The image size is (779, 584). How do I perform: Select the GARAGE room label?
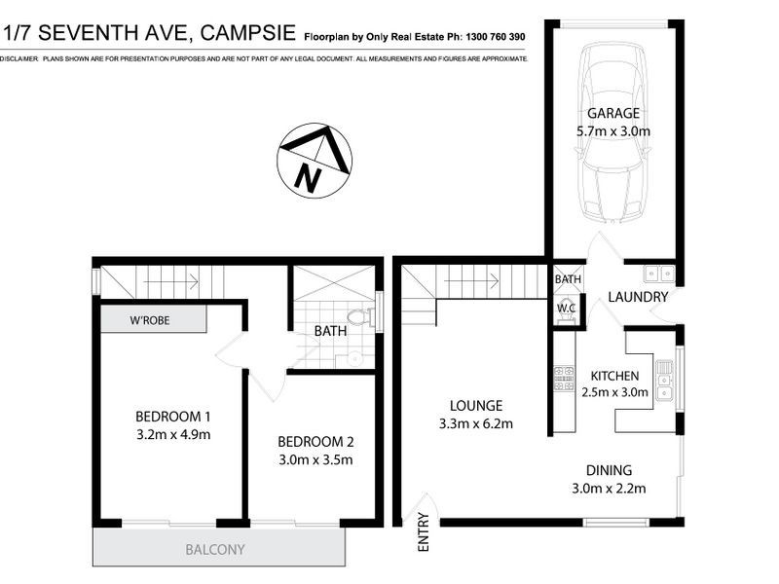click(613, 113)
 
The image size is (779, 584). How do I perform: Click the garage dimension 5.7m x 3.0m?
click(613, 130)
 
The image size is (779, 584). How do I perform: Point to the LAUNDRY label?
click(638, 297)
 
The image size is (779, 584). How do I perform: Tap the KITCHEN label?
click(614, 376)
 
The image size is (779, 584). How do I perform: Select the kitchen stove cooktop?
click(563, 378)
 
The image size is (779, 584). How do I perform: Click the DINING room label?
click(609, 469)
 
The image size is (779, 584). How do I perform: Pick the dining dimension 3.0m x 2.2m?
click(609, 488)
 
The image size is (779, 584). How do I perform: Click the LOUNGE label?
click(476, 405)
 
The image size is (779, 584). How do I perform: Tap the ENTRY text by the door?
click(424, 539)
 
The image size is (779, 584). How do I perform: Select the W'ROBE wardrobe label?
click(151, 320)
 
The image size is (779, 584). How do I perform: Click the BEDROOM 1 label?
click(172, 417)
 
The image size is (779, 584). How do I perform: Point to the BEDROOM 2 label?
click(315, 439)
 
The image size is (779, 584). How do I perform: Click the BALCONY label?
click(215, 550)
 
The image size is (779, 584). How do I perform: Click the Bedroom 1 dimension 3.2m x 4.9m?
click(172, 434)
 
